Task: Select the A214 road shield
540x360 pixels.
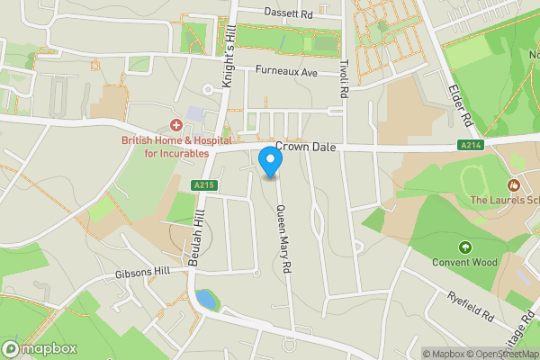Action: pyautogui.click(x=470, y=145)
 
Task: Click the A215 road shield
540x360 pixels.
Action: pyautogui.click(x=203, y=185)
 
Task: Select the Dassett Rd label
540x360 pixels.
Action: pyautogui.click(x=288, y=13)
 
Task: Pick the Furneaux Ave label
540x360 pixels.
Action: pyautogui.click(x=287, y=70)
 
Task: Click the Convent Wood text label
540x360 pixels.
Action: pyautogui.click(x=465, y=264)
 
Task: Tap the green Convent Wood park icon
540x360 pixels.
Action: pyautogui.click(x=465, y=247)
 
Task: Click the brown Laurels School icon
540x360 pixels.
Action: pyautogui.click(x=515, y=184)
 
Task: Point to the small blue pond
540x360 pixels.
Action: pyautogui.click(x=206, y=298)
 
